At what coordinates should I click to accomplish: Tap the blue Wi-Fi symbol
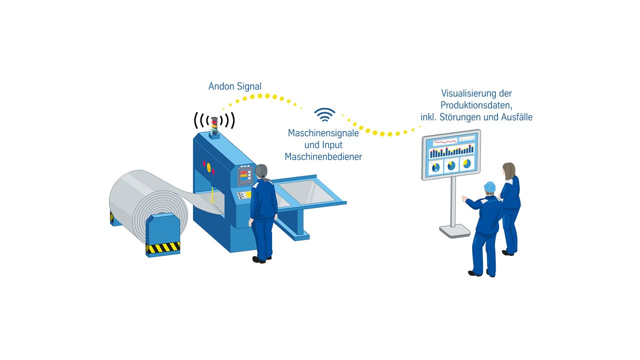pyautogui.click(x=324, y=115)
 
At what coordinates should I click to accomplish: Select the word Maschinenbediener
pyautogui.click(x=323, y=156)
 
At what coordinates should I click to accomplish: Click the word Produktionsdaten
pyautogui.click(x=476, y=105)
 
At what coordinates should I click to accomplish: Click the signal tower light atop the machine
pyautogui.click(x=214, y=125)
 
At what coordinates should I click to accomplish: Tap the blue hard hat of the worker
pyautogui.click(x=489, y=186)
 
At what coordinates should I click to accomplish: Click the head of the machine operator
pyautogui.click(x=261, y=171)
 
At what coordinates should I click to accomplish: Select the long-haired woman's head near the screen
pyautogui.click(x=509, y=171)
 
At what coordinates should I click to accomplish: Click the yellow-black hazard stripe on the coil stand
pyautogui.click(x=163, y=247)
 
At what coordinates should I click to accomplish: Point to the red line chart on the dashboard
pyautogui.click(x=445, y=141)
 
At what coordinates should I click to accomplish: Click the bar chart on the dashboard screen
pyautogui.click(x=451, y=151)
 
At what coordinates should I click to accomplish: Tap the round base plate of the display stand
pyautogui.click(x=454, y=231)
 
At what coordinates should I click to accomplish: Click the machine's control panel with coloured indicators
pyautogui.click(x=245, y=175)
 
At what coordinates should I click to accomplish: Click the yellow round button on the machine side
pyautogui.click(x=209, y=167)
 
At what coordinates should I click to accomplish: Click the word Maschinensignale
pyautogui.click(x=323, y=133)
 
